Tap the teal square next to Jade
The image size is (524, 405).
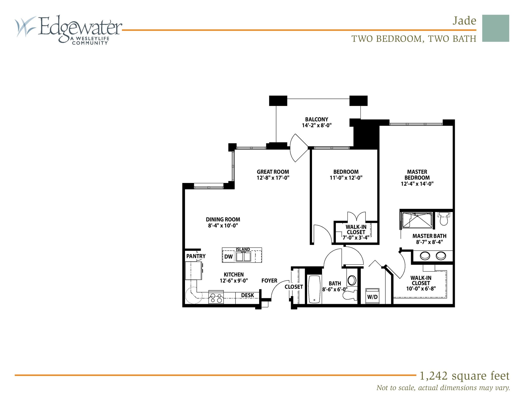tap(495, 28)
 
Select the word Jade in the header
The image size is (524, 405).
tap(464, 21)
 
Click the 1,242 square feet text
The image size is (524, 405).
tap(464, 376)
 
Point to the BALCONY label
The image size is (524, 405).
tap(316, 120)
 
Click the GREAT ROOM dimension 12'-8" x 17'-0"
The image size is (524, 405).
tap(273, 178)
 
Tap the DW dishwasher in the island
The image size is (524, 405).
tap(228, 257)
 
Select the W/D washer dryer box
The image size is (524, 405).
tap(372, 296)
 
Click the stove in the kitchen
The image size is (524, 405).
tap(216, 297)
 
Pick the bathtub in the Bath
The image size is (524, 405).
tap(314, 289)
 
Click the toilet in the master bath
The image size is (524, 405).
tap(443, 218)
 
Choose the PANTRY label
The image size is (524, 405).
tap(196, 256)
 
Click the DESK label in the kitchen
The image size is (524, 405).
tap(247, 295)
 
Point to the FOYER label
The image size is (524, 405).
tap(269, 281)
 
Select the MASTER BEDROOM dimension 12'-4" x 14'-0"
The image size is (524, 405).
tap(417, 184)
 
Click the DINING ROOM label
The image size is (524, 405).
tap(223, 219)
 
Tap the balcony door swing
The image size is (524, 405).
tap(299, 148)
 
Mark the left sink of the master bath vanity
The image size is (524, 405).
tap(425, 256)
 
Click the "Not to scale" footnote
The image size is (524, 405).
tap(443, 388)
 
